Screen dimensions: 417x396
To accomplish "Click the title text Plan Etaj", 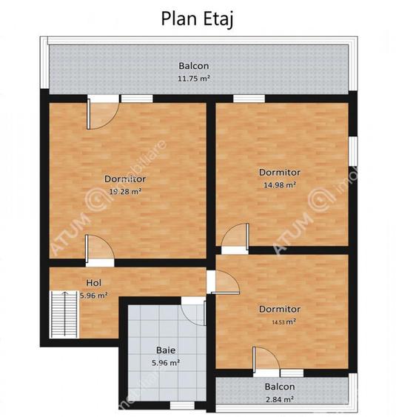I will coord(197,19).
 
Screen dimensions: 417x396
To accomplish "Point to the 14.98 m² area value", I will coord(279,185).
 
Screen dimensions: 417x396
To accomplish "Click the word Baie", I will coord(165,350).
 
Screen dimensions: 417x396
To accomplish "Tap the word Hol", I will coord(93,283).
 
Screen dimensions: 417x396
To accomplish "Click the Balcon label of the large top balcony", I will coord(193,65).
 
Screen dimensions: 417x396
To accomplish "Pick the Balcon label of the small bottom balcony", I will coord(279,387).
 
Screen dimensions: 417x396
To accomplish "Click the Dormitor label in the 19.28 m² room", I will coord(124,179).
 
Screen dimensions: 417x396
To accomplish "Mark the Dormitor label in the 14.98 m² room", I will coord(279,173).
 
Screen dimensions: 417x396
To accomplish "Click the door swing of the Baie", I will coord(194,312).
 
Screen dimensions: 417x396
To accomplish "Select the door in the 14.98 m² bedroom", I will coord(233,237).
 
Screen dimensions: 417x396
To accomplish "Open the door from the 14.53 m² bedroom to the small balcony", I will coord(264,361).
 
